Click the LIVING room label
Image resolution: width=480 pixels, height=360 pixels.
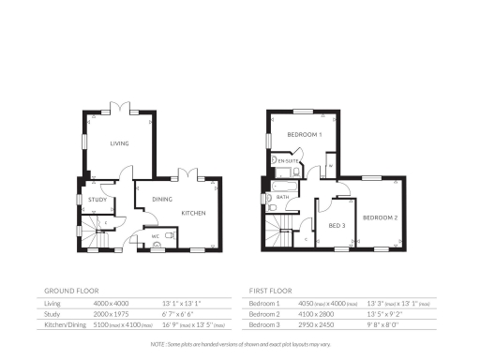119,143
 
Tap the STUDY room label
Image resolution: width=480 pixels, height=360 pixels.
96,200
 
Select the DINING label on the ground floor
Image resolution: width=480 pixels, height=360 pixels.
161,199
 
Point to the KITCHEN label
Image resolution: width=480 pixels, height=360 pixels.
193,213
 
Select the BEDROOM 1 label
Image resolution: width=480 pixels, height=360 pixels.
305,135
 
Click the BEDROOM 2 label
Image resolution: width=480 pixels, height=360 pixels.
381,217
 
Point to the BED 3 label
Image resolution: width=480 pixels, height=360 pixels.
337,226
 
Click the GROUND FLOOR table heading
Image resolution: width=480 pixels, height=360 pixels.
71,291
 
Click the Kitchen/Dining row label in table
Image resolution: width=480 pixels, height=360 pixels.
63,325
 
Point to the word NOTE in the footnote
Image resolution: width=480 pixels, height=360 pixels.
157,346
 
